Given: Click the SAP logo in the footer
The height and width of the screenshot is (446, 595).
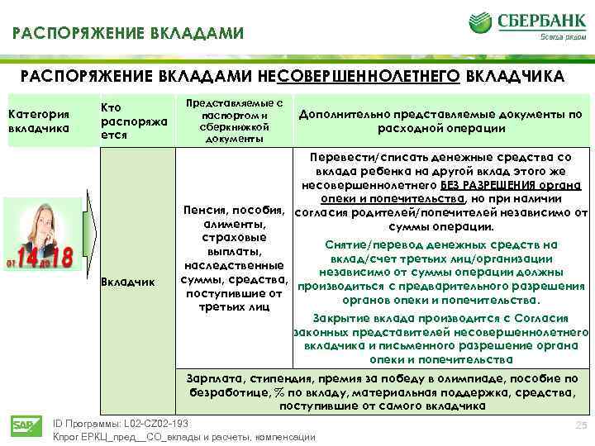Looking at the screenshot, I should click(21, 425).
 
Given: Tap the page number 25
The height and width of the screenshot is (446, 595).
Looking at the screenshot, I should click(579, 424).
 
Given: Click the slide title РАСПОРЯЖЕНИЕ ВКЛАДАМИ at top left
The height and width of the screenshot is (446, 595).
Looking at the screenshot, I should click(127, 34).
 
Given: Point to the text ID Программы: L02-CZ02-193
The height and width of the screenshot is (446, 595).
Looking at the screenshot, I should click(121, 423).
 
